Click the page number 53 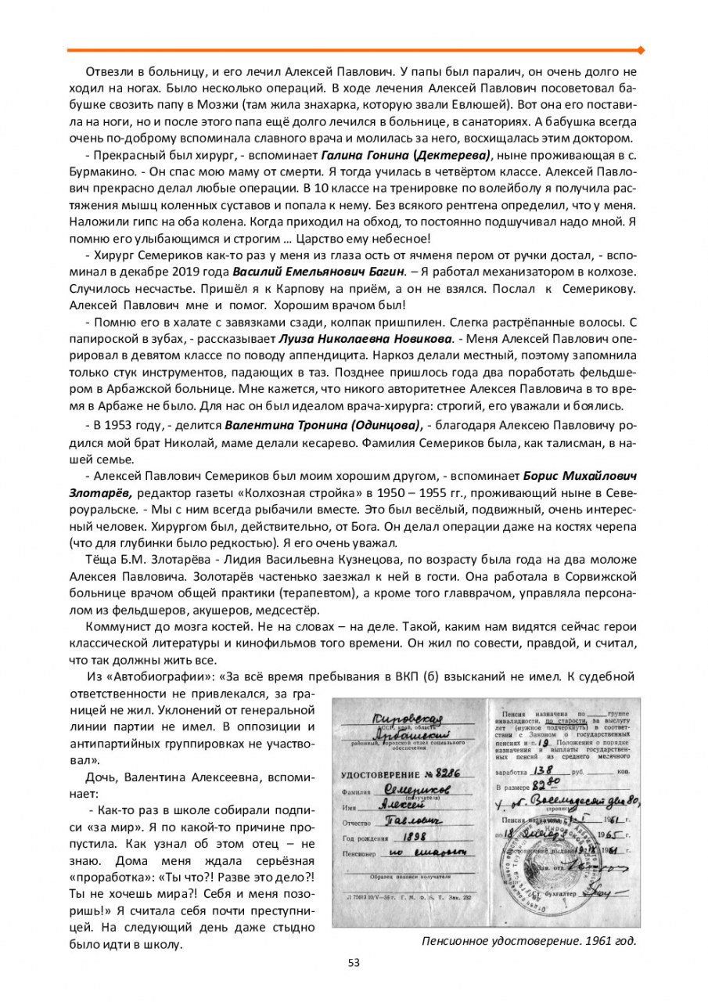354,962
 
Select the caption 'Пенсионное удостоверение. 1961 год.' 528,941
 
